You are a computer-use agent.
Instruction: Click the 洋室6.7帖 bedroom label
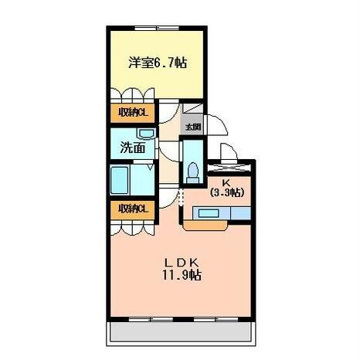[158, 63]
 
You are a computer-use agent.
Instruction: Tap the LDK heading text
[182, 263]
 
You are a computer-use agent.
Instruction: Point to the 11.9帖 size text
[182, 275]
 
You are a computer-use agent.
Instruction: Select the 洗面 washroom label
[133, 148]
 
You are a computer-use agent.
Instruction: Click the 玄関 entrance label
[193, 127]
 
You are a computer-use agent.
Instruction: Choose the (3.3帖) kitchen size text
[227, 192]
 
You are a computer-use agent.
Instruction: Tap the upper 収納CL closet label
[133, 113]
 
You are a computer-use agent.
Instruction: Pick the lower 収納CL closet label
[133, 209]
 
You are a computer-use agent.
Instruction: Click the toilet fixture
[193, 173]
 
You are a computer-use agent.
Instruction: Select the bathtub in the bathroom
[119, 180]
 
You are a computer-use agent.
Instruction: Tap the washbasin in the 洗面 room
[146, 134]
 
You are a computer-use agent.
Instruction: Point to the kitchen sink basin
[209, 213]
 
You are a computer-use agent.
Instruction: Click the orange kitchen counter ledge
[205, 225]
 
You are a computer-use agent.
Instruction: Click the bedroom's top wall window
[157, 28]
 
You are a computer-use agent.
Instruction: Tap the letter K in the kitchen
[226, 183]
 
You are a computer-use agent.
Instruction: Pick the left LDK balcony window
[151, 319]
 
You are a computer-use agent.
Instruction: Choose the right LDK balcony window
[216, 319]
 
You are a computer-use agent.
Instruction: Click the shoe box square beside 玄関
[192, 108]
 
